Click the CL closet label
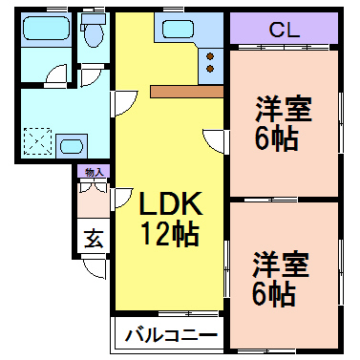click(284, 30)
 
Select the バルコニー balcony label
click(171, 335)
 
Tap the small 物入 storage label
click(94, 173)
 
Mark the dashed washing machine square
click(39, 141)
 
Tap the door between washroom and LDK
click(122, 102)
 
